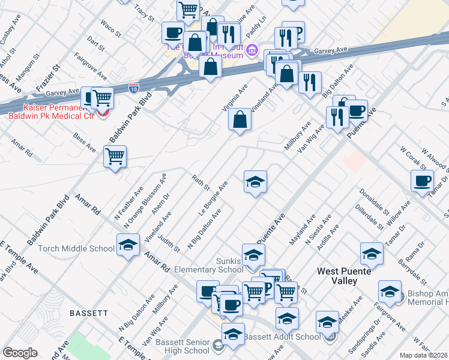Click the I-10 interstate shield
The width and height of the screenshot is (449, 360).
(134, 88)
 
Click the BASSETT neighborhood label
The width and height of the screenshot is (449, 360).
(88, 313)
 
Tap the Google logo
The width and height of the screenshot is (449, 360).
(20, 353)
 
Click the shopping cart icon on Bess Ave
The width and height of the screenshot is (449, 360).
(114, 157)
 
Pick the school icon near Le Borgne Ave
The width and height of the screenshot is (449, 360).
(255, 181)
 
